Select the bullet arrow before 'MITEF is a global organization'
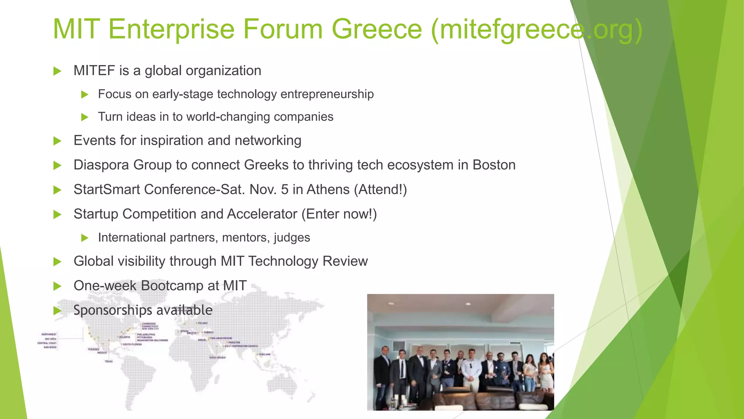57,71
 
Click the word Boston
494,165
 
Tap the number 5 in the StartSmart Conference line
284,189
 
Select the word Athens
328,189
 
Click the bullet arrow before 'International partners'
85,238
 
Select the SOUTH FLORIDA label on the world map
132,344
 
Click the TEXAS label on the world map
109,362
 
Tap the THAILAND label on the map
264,354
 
